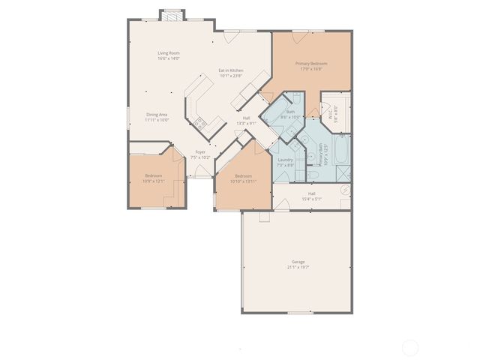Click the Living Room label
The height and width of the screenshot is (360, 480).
tap(169, 52)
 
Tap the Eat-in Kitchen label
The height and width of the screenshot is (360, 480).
tap(230, 70)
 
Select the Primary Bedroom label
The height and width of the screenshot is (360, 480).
tap(310, 64)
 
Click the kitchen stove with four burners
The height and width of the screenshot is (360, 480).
tap(200, 123)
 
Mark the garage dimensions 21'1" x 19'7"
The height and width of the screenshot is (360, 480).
tap(298, 267)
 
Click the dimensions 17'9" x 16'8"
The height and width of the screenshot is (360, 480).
tap(310, 69)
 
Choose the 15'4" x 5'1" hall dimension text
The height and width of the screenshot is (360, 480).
tap(310, 199)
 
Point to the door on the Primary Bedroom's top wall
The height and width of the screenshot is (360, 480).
tap(300, 31)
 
